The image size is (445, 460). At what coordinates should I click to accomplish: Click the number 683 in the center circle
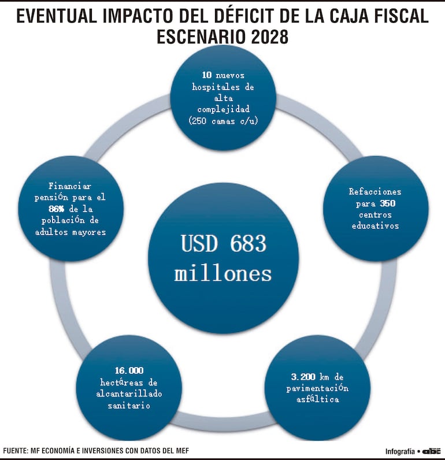click(244, 243)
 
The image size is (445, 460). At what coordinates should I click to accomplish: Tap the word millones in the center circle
click(223, 273)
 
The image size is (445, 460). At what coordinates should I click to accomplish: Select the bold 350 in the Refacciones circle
click(388, 203)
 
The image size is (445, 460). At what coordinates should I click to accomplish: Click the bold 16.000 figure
click(129, 370)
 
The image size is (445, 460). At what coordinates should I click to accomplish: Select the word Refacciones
click(375, 191)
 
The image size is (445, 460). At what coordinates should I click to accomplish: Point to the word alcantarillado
click(129, 394)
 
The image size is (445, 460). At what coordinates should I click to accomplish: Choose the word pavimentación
click(318, 388)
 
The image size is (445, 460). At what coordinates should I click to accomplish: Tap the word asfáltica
click(318, 399)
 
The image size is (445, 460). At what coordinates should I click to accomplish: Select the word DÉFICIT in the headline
click(244, 16)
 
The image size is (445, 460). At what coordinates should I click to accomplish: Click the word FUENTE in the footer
click(17, 450)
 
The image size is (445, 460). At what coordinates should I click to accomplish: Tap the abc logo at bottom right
click(432, 451)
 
